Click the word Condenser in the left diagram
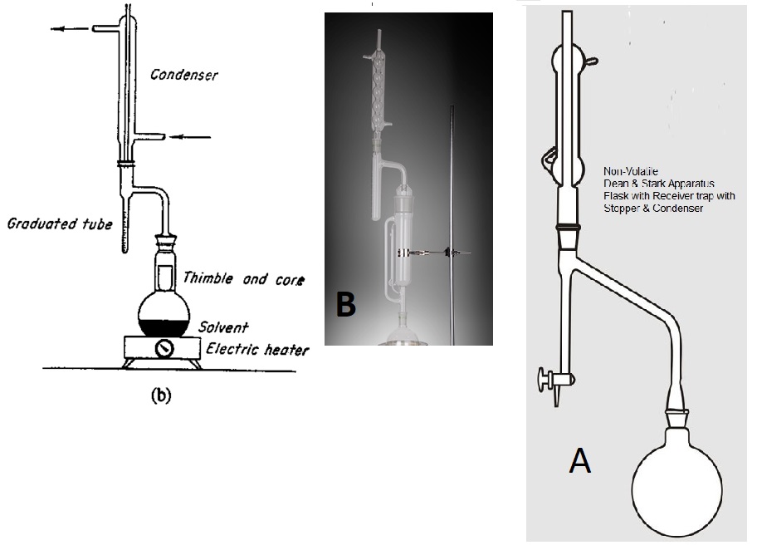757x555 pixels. coord(183,76)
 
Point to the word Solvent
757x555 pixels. coord(220,328)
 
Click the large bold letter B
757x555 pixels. coord(345,305)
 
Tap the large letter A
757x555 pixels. coord(579,459)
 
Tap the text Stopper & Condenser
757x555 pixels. coord(654,209)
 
